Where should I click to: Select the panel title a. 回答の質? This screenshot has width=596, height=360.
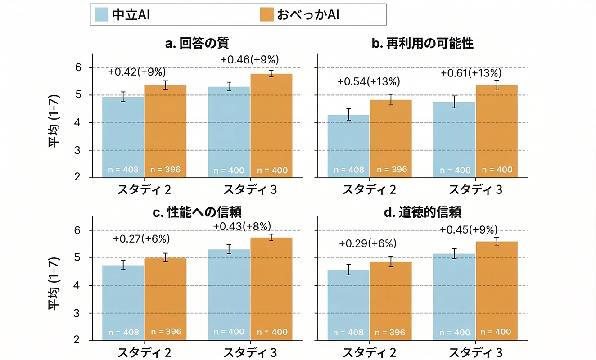pos(197,43)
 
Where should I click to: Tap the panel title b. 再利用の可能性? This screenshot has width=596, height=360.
pos(423,43)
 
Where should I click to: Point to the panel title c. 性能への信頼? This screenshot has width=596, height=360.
pos(197,212)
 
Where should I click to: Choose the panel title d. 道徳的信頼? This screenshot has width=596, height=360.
pos(423,212)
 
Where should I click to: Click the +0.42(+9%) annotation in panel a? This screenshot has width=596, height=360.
pos(137,72)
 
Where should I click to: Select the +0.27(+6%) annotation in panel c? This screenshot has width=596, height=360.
pos(141,238)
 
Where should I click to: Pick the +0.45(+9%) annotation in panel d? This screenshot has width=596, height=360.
pos(469,229)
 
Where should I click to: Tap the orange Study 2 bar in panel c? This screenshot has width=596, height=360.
pos(165,297)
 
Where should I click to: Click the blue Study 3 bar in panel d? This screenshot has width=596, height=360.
pos(454,297)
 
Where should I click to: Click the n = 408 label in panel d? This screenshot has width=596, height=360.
pos(348,333)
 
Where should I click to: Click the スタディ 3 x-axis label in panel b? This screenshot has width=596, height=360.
pos(475,189)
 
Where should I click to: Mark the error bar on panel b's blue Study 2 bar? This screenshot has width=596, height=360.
pos(348,115)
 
